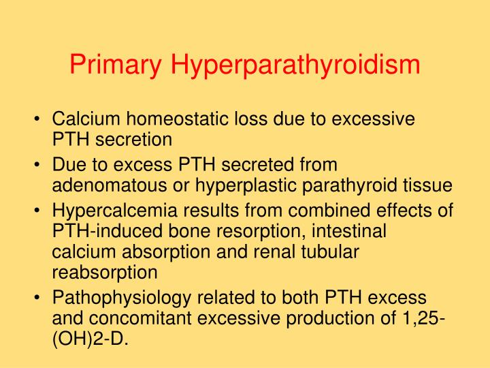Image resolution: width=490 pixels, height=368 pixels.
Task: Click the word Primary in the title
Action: [x=115, y=65]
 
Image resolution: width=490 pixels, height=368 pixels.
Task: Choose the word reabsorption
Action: [x=104, y=272]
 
